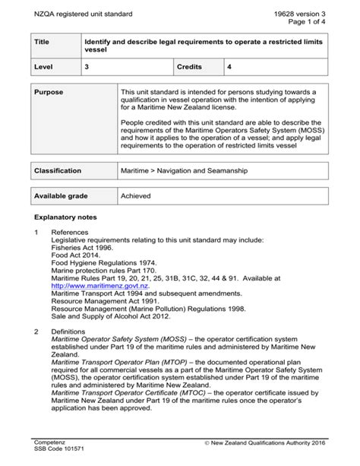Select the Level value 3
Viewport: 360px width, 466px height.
tap(87, 68)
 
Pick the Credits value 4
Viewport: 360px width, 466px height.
tap(229, 68)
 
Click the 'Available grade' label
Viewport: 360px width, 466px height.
tap(62, 196)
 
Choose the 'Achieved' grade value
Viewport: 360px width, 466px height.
tap(136, 196)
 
